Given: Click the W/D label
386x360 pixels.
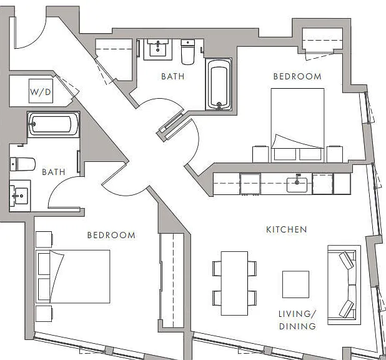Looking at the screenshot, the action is [41, 92].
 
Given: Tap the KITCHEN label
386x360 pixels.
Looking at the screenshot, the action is [287, 229].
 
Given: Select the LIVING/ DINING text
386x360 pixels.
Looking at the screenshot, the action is [297, 320].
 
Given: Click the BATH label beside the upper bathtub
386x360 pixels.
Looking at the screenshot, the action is [173, 76].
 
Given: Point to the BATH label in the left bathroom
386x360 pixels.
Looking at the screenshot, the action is [54, 172].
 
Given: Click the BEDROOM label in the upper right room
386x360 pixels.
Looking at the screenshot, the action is [297, 76].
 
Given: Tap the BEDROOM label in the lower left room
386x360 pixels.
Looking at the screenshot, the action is [111, 235].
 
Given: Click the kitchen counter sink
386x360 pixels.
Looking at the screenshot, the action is [297, 184].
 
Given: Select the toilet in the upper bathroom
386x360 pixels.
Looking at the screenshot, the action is [187, 52].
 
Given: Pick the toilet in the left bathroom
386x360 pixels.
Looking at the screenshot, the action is [22, 164].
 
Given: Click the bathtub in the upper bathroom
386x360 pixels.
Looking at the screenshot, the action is [219, 84].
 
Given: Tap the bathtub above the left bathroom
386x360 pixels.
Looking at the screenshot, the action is [53, 124].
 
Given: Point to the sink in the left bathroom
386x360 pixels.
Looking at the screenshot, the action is [20, 196].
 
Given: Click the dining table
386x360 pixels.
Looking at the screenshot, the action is [234, 283].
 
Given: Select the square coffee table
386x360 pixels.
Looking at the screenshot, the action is [295, 284].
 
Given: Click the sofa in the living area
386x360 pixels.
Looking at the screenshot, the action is [344, 285].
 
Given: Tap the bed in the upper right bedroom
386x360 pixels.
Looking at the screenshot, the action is [298, 125].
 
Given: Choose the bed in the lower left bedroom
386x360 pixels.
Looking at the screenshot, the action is [73, 276].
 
